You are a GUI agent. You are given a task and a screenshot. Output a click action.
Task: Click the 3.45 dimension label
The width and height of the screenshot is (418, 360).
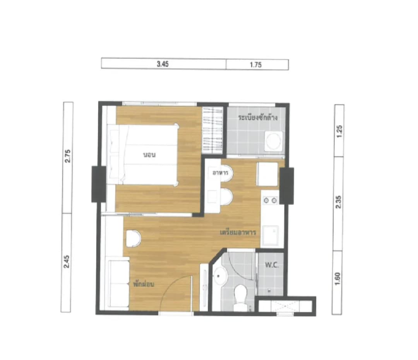coord(163,64)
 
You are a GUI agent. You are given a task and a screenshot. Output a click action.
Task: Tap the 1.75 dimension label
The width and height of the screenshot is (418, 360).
coord(256,65)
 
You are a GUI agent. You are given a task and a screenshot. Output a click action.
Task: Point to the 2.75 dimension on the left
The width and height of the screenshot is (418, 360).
coord(68,156)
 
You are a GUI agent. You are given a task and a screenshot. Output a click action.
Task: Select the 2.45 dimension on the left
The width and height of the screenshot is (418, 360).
coord(67,261)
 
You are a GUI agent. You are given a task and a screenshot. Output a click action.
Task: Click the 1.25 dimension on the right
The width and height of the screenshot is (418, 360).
coord(339,131)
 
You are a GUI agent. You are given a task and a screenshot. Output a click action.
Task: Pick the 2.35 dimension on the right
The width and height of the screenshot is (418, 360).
coord(338,202)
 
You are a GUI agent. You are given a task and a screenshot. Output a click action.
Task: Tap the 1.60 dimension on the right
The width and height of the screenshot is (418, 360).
coord(337,279)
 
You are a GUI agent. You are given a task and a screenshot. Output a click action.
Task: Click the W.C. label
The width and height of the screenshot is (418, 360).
coord(272,265)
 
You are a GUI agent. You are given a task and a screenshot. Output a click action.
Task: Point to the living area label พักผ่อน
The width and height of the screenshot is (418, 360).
coord(144,284)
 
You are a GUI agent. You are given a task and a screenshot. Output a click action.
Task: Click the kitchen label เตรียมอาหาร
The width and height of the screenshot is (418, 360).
coord(238,232)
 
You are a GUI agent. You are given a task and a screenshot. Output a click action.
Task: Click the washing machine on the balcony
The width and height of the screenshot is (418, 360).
coord(274,141)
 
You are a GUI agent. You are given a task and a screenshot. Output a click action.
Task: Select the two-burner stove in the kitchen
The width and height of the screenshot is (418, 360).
coord(270,200)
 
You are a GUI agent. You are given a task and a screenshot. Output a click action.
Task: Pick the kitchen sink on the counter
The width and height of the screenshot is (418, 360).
coord(270,235)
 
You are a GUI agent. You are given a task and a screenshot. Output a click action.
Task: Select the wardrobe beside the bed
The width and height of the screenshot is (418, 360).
coord(212,130)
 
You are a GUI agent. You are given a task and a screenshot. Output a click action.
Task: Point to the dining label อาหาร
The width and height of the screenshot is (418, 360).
coord(220,173)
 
